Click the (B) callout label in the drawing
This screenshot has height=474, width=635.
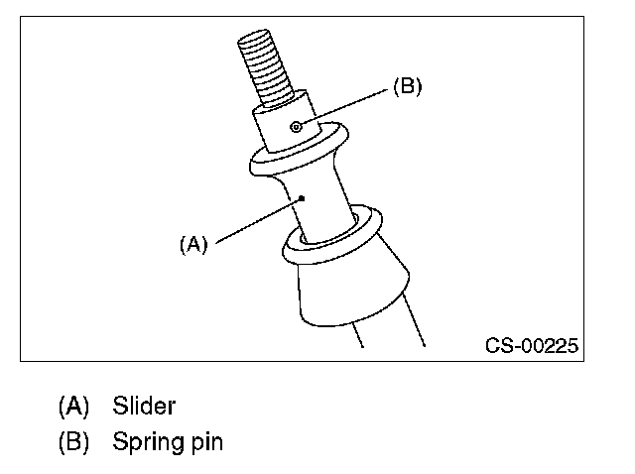(407, 86)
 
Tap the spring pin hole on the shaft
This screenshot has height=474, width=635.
(297, 126)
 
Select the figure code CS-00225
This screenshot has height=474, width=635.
(532, 347)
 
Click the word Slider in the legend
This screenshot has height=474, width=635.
(144, 406)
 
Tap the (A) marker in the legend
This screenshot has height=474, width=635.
(74, 406)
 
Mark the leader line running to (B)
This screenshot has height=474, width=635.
(347, 105)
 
